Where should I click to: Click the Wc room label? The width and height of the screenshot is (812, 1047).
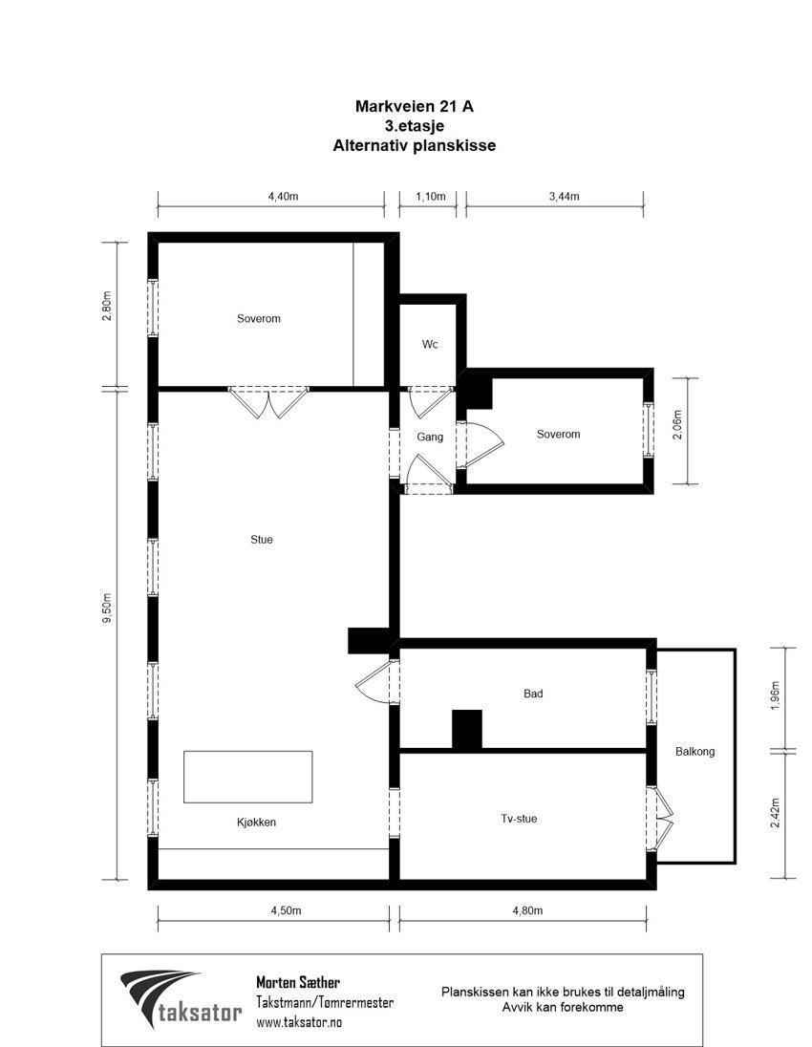(x=430, y=345)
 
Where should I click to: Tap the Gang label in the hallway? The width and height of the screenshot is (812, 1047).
(x=430, y=438)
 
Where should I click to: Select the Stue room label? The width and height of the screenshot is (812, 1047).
(x=262, y=540)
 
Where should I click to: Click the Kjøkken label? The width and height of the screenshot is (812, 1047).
(x=256, y=822)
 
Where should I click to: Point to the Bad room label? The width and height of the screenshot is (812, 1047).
(x=533, y=694)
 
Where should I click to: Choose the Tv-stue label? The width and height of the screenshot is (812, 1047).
(x=519, y=819)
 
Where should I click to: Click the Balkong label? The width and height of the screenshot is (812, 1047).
(x=694, y=752)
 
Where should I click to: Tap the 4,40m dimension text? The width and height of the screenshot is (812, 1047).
(x=284, y=196)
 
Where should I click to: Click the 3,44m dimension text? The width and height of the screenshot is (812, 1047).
(x=565, y=196)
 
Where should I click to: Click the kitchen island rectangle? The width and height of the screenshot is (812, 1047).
(x=248, y=777)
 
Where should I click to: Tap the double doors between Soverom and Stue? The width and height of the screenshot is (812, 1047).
(x=268, y=401)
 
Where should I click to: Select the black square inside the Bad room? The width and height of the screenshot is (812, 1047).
(x=467, y=729)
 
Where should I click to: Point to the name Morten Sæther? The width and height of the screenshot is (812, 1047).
(x=298, y=982)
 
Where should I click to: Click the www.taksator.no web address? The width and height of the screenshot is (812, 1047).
(x=299, y=1021)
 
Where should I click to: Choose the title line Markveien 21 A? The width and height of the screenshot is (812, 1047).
(x=414, y=107)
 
